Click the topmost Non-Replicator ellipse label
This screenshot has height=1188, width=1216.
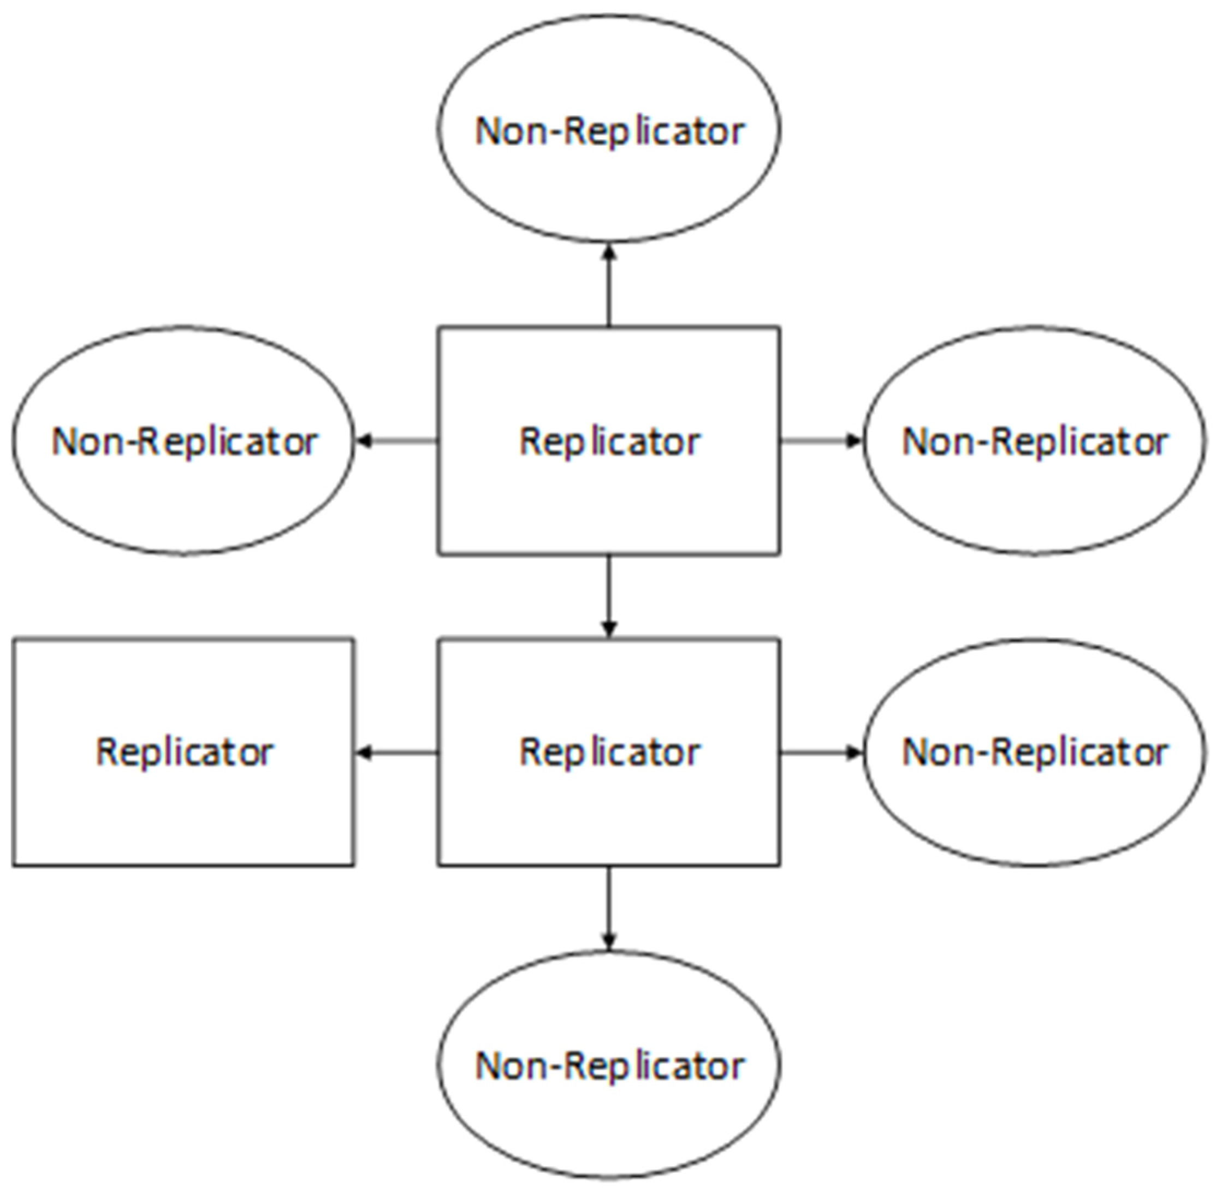click(609, 131)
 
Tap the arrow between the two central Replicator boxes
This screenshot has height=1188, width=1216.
click(609, 596)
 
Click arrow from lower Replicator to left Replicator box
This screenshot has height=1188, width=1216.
click(397, 753)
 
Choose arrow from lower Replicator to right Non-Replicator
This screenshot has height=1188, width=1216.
click(821, 753)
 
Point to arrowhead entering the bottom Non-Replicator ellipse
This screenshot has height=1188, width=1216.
click(609, 940)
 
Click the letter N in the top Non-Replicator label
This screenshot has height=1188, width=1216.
click(489, 131)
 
